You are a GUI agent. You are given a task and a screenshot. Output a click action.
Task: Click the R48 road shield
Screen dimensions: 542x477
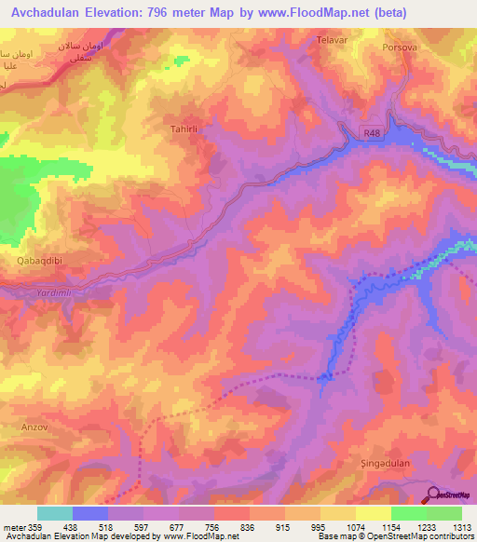(x=373, y=133)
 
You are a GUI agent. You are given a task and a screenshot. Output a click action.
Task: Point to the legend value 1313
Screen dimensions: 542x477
(x=462, y=527)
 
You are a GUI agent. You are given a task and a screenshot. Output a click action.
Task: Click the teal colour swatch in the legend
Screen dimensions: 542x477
(x=55, y=513)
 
